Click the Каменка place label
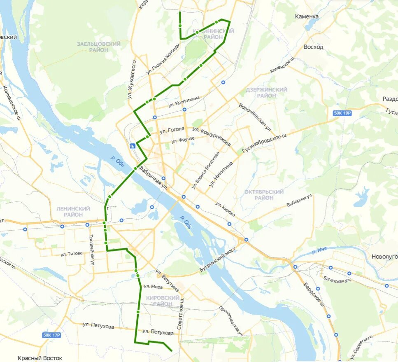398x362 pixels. (307, 16)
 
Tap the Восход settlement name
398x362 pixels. (313, 47)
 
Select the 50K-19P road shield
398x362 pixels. (342, 113)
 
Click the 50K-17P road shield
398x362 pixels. (51, 335)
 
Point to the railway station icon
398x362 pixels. (132, 145)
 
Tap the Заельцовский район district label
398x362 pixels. (99, 47)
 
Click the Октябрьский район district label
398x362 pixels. (264, 195)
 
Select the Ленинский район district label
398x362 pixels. (73, 212)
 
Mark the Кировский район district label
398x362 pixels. (162, 301)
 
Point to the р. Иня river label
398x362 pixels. (319, 251)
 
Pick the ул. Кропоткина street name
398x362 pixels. (184, 101)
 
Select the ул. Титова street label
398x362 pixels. (72, 254)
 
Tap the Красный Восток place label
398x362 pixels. (40, 358)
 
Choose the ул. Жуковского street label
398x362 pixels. (132, 79)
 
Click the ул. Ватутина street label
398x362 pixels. (167, 280)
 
